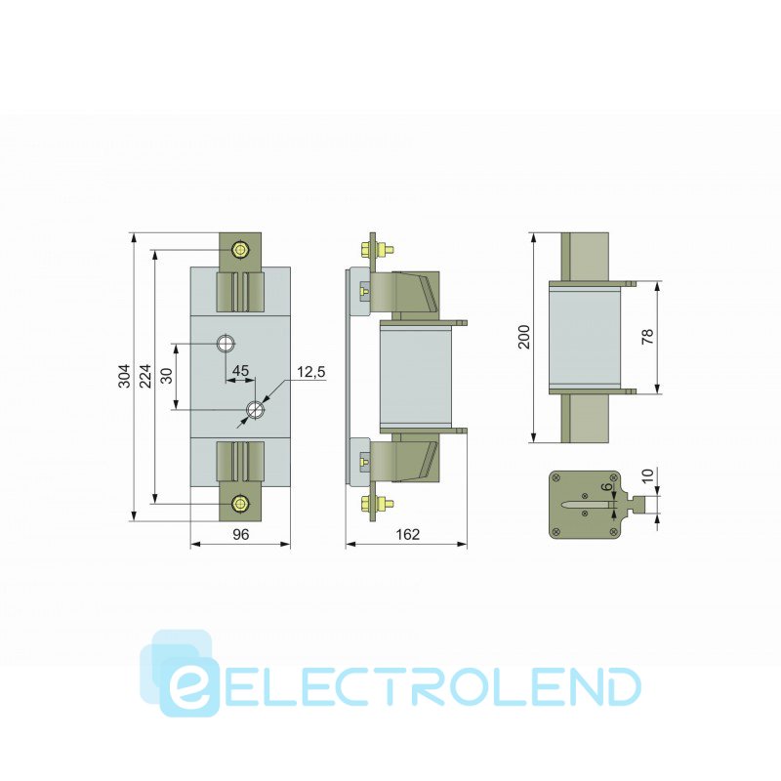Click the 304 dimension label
124,377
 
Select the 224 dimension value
144,377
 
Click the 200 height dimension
524,338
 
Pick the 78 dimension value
647,338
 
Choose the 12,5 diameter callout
310,373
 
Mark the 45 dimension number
238,371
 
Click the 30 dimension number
167,376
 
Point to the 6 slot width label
607,487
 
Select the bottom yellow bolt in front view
240,503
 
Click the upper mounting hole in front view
226,344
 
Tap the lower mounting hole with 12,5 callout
255,409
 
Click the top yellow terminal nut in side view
371,250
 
